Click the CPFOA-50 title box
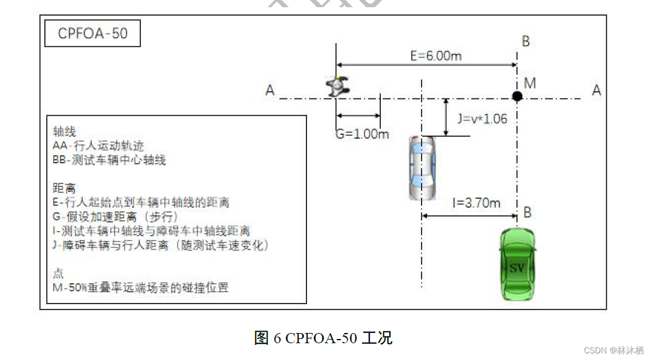(x=92, y=34)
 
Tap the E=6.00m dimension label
(x=436, y=56)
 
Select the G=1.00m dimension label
(x=362, y=134)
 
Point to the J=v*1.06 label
(x=482, y=119)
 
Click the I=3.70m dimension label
(x=476, y=203)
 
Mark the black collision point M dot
(x=517, y=96)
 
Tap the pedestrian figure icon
(x=338, y=88)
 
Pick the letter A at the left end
(x=270, y=90)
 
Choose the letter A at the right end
(x=596, y=90)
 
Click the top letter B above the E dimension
(x=525, y=41)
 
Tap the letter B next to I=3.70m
(x=527, y=212)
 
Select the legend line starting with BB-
(x=109, y=160)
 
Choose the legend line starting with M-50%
(x=140, y=288)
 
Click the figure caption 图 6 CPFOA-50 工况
(x=323, y=338)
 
